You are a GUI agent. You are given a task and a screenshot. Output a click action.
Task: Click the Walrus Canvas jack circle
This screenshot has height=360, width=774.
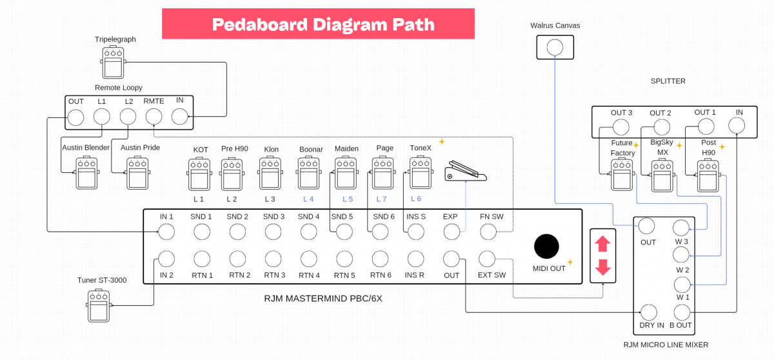(x=555, y=47)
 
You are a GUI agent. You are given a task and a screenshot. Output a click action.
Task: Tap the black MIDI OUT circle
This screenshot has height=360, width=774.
(x=546, y=246)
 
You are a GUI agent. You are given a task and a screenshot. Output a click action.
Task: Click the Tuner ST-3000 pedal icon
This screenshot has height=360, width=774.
(x=99, y=305)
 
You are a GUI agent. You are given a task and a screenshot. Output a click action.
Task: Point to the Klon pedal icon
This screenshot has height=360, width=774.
(x=270, y=173)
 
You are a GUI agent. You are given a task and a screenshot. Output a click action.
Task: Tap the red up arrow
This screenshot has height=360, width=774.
(x=602, y=244)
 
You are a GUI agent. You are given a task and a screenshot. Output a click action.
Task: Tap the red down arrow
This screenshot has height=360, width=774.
(x=602, y=267)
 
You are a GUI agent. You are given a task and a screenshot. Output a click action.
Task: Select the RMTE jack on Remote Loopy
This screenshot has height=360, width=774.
(x=154, y=117)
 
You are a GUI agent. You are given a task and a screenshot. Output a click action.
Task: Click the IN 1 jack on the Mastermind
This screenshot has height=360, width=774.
(x=166, y=231)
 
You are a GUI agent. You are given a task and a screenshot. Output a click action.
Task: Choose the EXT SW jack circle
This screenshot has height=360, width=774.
(x=487, y=259)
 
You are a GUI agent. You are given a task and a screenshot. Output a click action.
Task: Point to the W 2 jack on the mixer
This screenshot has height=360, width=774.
(x=681, y=255)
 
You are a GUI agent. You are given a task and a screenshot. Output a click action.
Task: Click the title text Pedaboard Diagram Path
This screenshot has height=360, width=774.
(x=322, y=25)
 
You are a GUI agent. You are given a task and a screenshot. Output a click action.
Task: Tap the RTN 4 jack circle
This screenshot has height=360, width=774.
(x=309, y=259)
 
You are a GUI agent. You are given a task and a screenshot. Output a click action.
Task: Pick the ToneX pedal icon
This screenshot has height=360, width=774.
(x=421, y=173)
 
